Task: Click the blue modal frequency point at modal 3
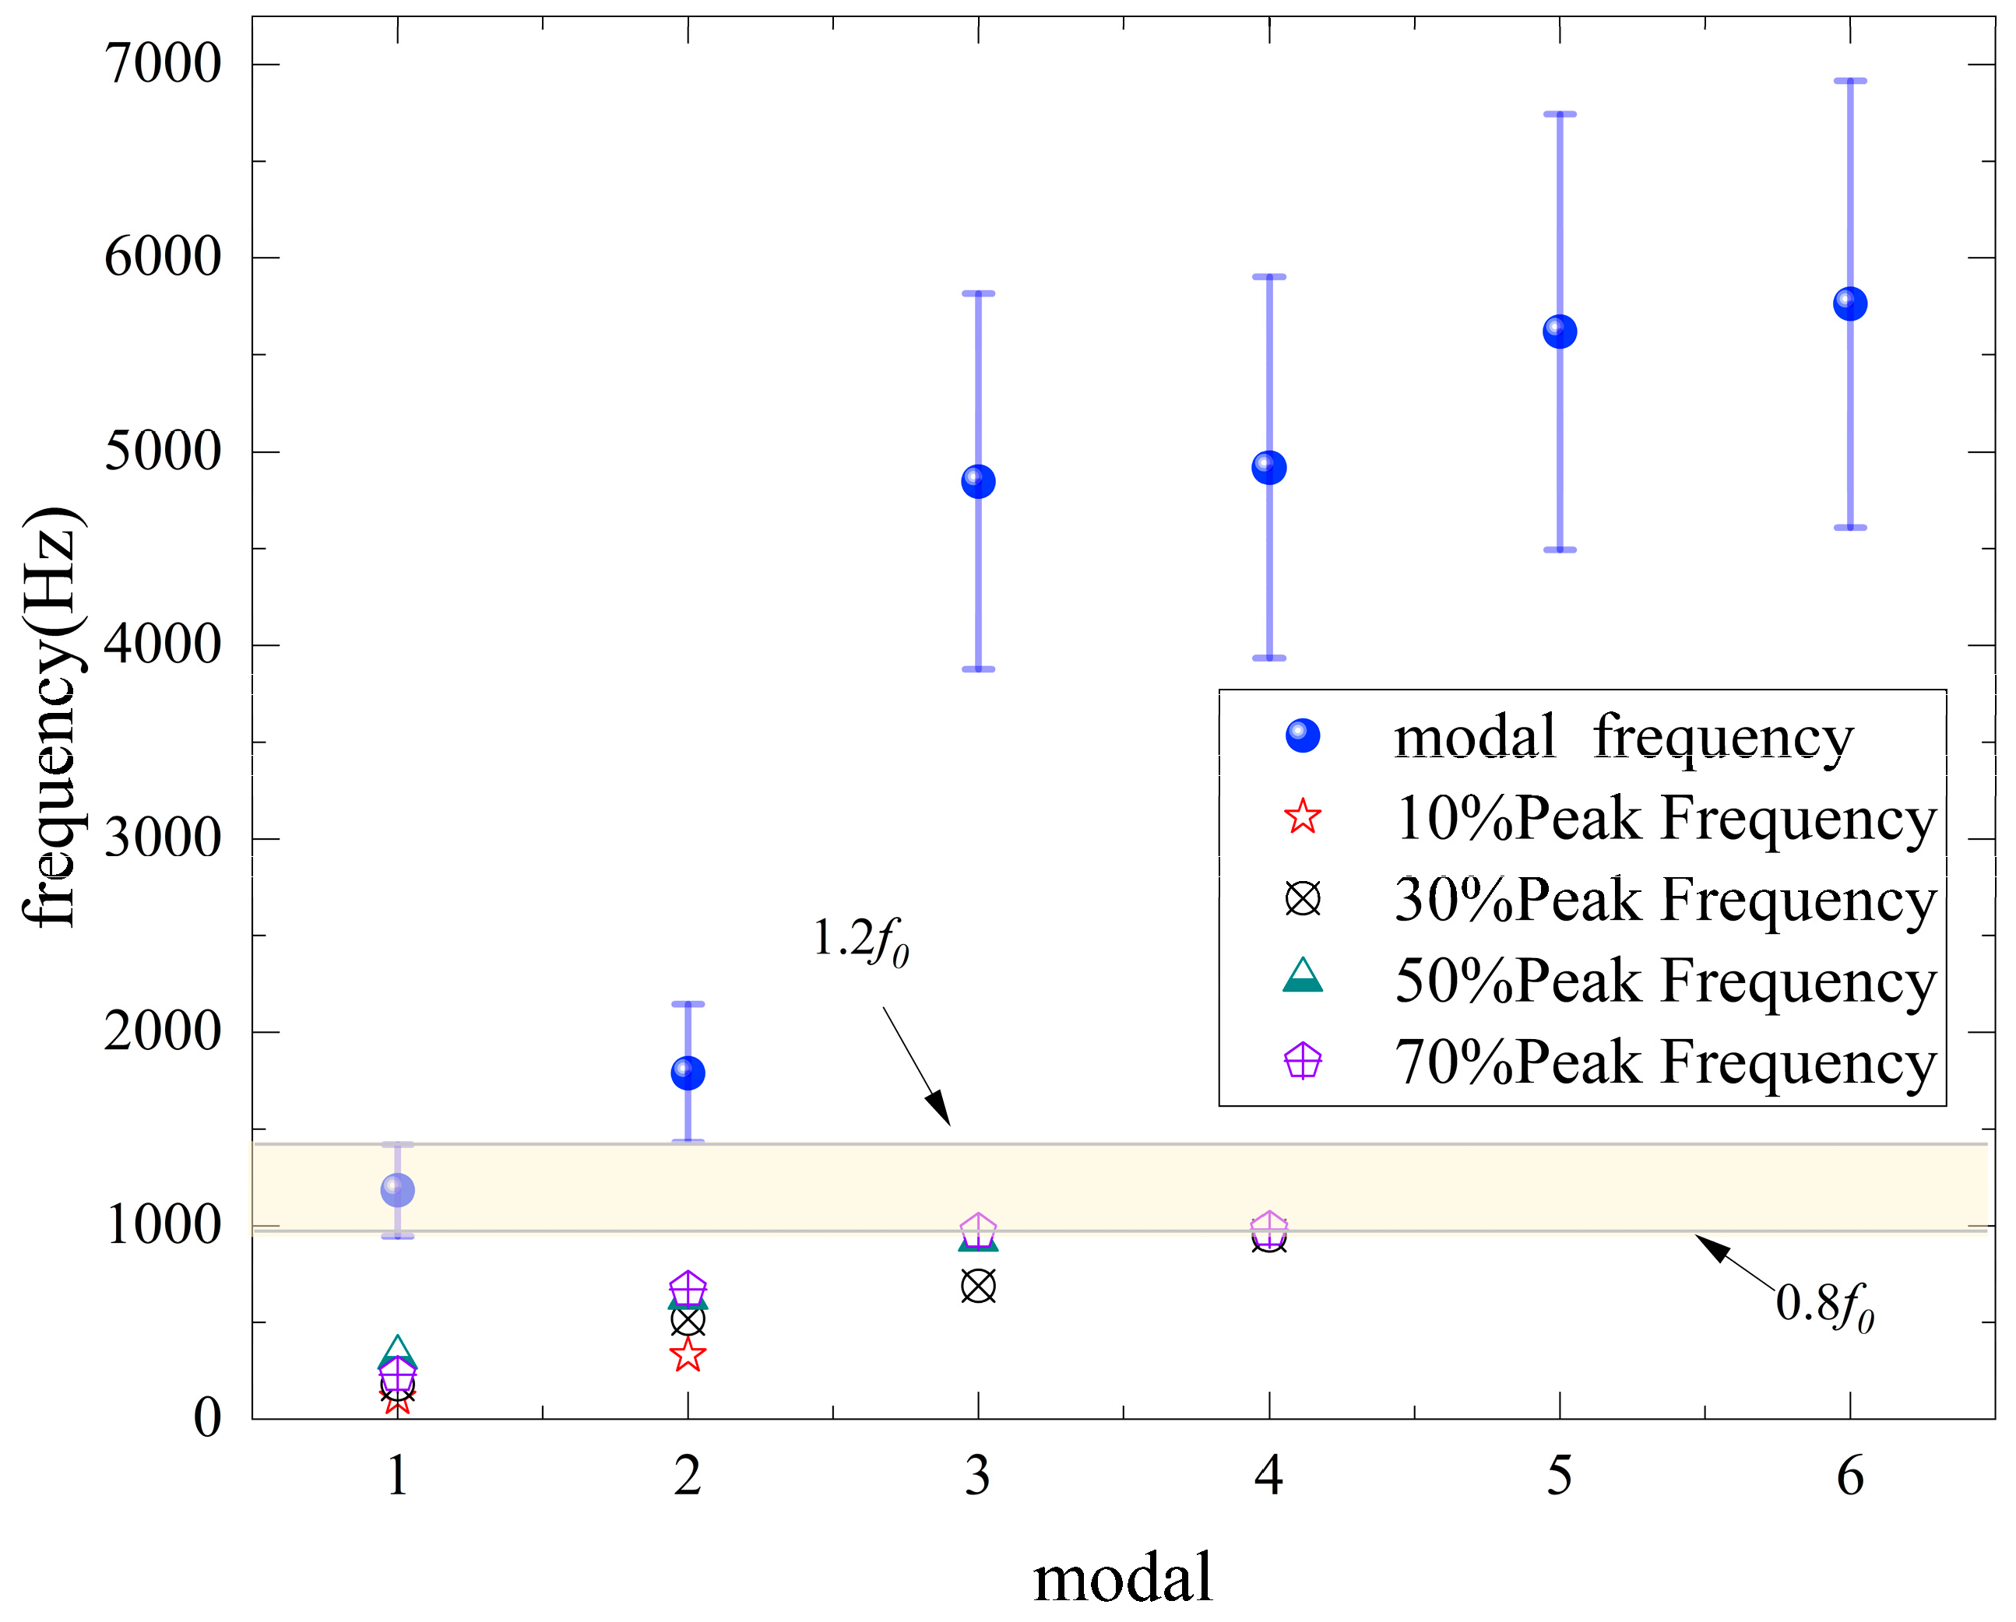[978, 482]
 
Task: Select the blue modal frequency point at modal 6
[1849, 304]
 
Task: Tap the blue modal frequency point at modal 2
[688, 1073]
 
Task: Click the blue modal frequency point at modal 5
[1559, 331]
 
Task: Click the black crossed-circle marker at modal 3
[978, 1287]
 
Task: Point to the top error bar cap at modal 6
[1849, 82]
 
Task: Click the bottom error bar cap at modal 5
[1559, 549]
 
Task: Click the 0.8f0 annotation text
[1824, 1305]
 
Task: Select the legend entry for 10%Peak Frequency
[1664, 819]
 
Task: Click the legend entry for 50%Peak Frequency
[1664, 981]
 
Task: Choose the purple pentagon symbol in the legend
[1303, 1062]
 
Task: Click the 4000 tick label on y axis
[163, 644]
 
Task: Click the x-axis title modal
[1122, 1578]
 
